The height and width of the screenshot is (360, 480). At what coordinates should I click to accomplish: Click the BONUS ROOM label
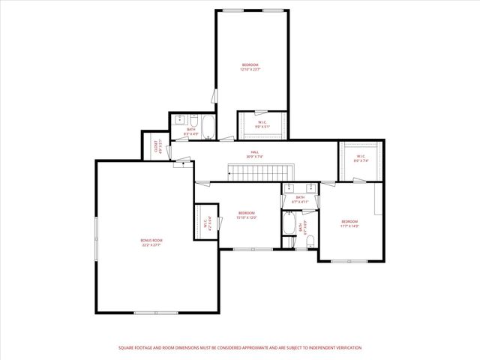(151, 240)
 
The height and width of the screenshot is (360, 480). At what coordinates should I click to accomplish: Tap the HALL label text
(255, 152)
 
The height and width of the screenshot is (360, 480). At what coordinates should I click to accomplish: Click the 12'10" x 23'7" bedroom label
(250, 65)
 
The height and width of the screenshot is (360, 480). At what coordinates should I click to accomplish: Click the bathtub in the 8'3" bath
(209, 127)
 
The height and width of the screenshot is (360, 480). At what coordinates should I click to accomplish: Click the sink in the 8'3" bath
(180, 120)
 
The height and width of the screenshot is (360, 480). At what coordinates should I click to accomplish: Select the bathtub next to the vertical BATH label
(289, 224)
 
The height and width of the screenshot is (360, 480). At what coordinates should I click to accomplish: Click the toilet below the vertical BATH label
(289, 241)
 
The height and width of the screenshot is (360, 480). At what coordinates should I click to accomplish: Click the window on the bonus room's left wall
(96, 239)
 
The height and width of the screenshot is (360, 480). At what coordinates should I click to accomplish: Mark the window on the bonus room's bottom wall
(155, 313)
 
